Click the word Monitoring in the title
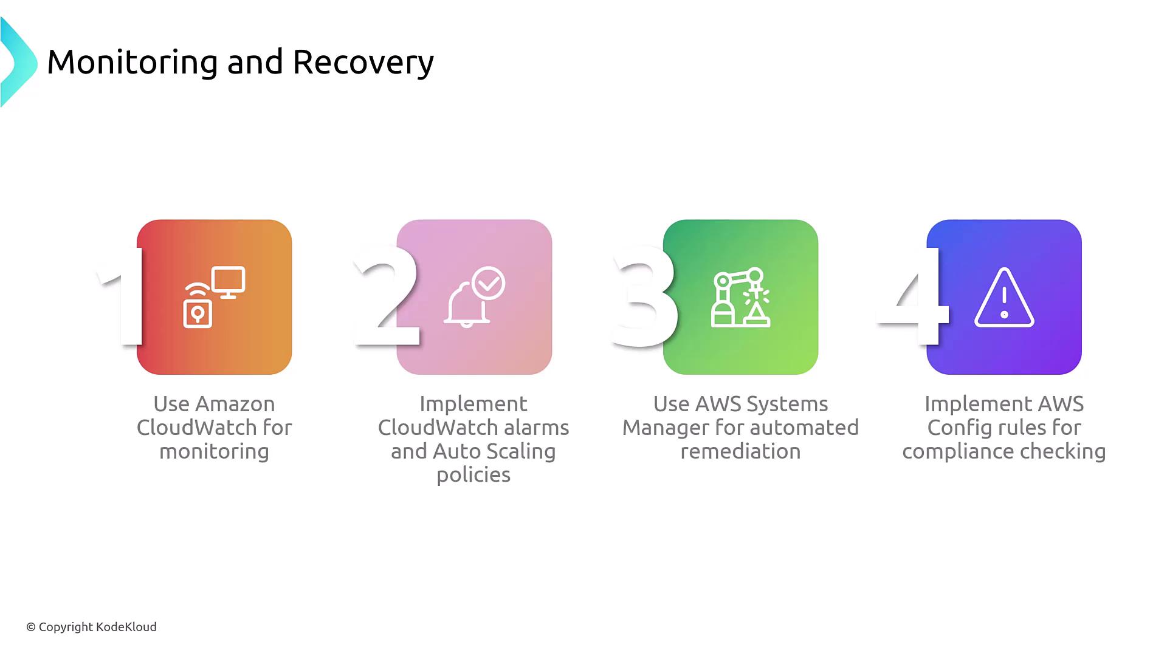pyautogui.click(x=132, y=63)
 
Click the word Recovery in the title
pyautogui.click(x=363, y=63)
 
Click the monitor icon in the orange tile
pyautogui.click(x=229, y=282)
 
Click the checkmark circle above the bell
pyautogui.click(x=489, y=282)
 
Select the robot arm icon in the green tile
pyautogui.click(x=741, y=297)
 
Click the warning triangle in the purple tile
pyautogui.click(x=1004, y=297)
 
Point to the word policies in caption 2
pyautogui.click(x=473, y=475)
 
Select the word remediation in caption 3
pyautogui.click(x=740, y=451)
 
